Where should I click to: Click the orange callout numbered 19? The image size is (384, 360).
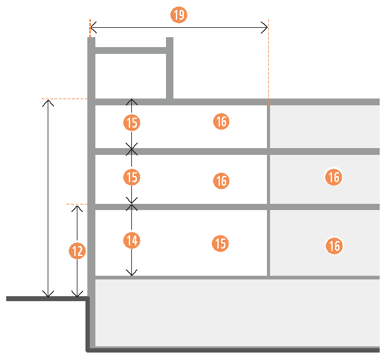click(x=179, y=15)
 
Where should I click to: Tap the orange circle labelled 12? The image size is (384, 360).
click(x=77, y=251)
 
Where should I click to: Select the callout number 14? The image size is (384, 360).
click(x=132, y=240)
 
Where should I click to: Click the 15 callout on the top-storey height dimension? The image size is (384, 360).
click(x=131, y=123)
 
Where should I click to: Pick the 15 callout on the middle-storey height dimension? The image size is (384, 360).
click(x=131, y=178)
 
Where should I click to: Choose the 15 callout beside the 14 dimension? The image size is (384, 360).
click(x=220, y=244)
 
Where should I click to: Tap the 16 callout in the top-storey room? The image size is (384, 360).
click(x=220, y=121)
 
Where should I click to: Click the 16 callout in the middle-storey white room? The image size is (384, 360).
click(x=221, y=181)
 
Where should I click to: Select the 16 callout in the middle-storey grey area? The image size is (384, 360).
click(x=334, y=177)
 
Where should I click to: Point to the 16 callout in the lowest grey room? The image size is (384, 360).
click(x=334, y=246)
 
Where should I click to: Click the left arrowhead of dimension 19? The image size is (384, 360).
click(x=94, y=27)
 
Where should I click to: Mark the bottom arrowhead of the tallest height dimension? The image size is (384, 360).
click(x=48, y=294)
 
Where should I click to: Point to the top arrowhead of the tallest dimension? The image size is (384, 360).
click(x=48, y=102)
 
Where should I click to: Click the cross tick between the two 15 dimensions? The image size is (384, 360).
click(x=131, y=149)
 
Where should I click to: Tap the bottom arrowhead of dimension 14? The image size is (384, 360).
click(x=131, y=273)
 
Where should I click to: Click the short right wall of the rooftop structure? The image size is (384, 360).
click(x=170, y=68)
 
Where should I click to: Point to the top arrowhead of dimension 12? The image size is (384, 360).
click(x=77, y=208)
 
